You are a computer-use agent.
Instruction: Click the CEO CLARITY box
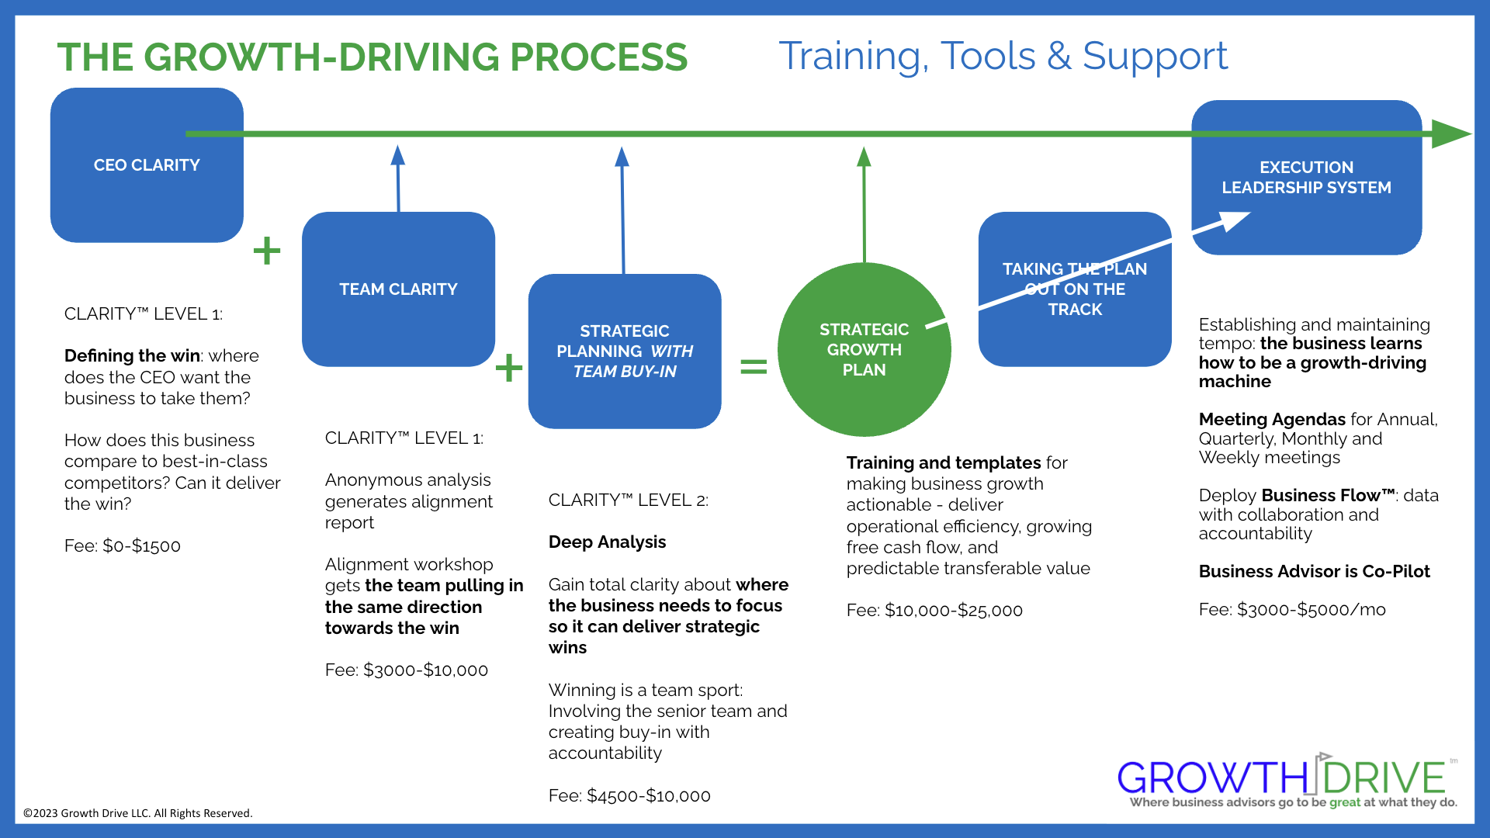coord(147,165)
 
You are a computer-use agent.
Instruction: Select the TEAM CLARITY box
coord(398,289)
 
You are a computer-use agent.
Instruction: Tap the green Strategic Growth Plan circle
coord(864,350)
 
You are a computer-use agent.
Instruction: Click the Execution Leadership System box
coord(1306,178)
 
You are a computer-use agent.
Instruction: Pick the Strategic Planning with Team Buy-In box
coord(625,351)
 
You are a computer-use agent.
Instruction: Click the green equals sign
coord(754,366)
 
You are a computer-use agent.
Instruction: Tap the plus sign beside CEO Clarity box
coord(267,251)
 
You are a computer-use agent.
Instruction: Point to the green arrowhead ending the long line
coord(1450,134)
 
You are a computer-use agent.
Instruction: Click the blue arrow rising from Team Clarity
coord(398,178)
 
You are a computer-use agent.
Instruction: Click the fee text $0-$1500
coord(123,546)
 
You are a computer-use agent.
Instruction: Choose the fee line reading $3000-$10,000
coord(407,670)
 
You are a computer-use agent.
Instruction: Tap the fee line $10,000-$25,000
coord(934,611)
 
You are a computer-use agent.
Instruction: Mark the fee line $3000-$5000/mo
coord(1292,610)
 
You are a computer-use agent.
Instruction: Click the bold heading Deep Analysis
coord(607,542)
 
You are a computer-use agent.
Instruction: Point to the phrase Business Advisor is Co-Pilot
coord(1314,572)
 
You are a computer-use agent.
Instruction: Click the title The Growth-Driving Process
coord(372,57)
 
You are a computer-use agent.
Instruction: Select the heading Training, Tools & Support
coord(1003,56)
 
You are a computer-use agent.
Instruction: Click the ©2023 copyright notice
coord(138,813)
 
